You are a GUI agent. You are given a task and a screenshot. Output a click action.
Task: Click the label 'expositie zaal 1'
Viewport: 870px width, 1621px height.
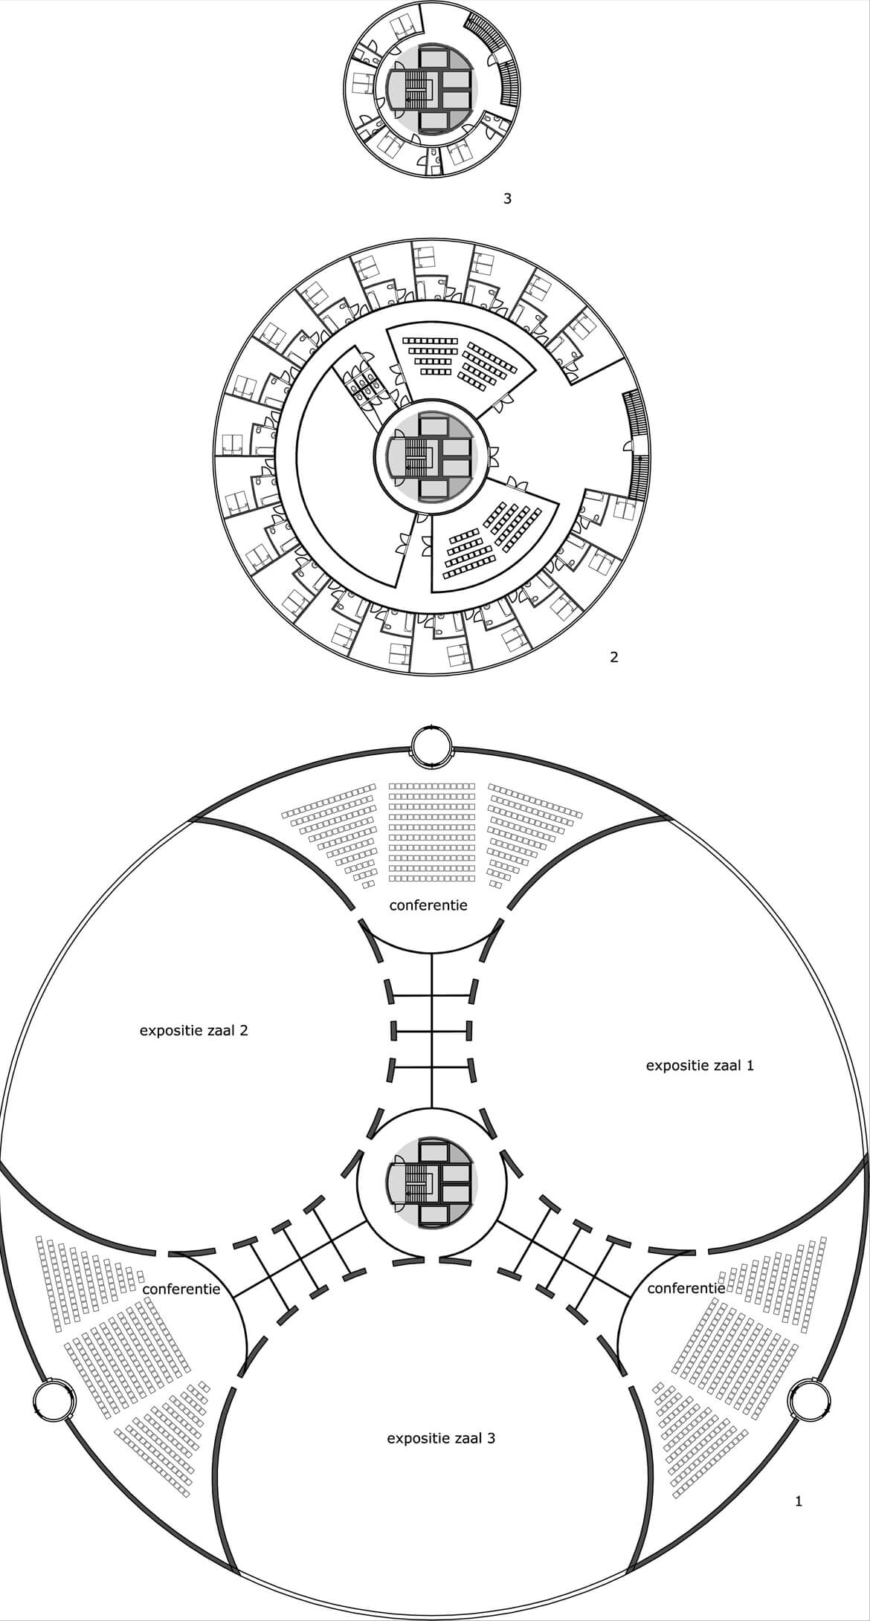click(x=700, y=1065)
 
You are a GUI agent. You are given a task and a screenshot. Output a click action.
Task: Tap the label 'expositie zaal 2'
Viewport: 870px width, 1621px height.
click(x=193, y=1031)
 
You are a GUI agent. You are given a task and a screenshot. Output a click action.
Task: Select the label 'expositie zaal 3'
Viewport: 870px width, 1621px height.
click(x=441, y=1438)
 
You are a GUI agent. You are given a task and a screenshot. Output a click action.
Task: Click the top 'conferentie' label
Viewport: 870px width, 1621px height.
click(x=428, y=905)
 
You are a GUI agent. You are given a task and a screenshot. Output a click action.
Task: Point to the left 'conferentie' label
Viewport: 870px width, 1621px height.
click(x=181, y=1288)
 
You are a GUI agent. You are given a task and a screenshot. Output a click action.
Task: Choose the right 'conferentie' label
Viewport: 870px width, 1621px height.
click(x=686, y=1288)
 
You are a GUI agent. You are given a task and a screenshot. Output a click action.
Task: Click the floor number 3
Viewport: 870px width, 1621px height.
click(x=508, y=198)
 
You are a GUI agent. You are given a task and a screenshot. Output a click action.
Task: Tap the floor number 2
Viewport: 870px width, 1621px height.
click(x=614, y=657)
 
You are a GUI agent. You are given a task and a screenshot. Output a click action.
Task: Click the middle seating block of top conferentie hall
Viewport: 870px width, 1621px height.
click(x=432, y=832)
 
